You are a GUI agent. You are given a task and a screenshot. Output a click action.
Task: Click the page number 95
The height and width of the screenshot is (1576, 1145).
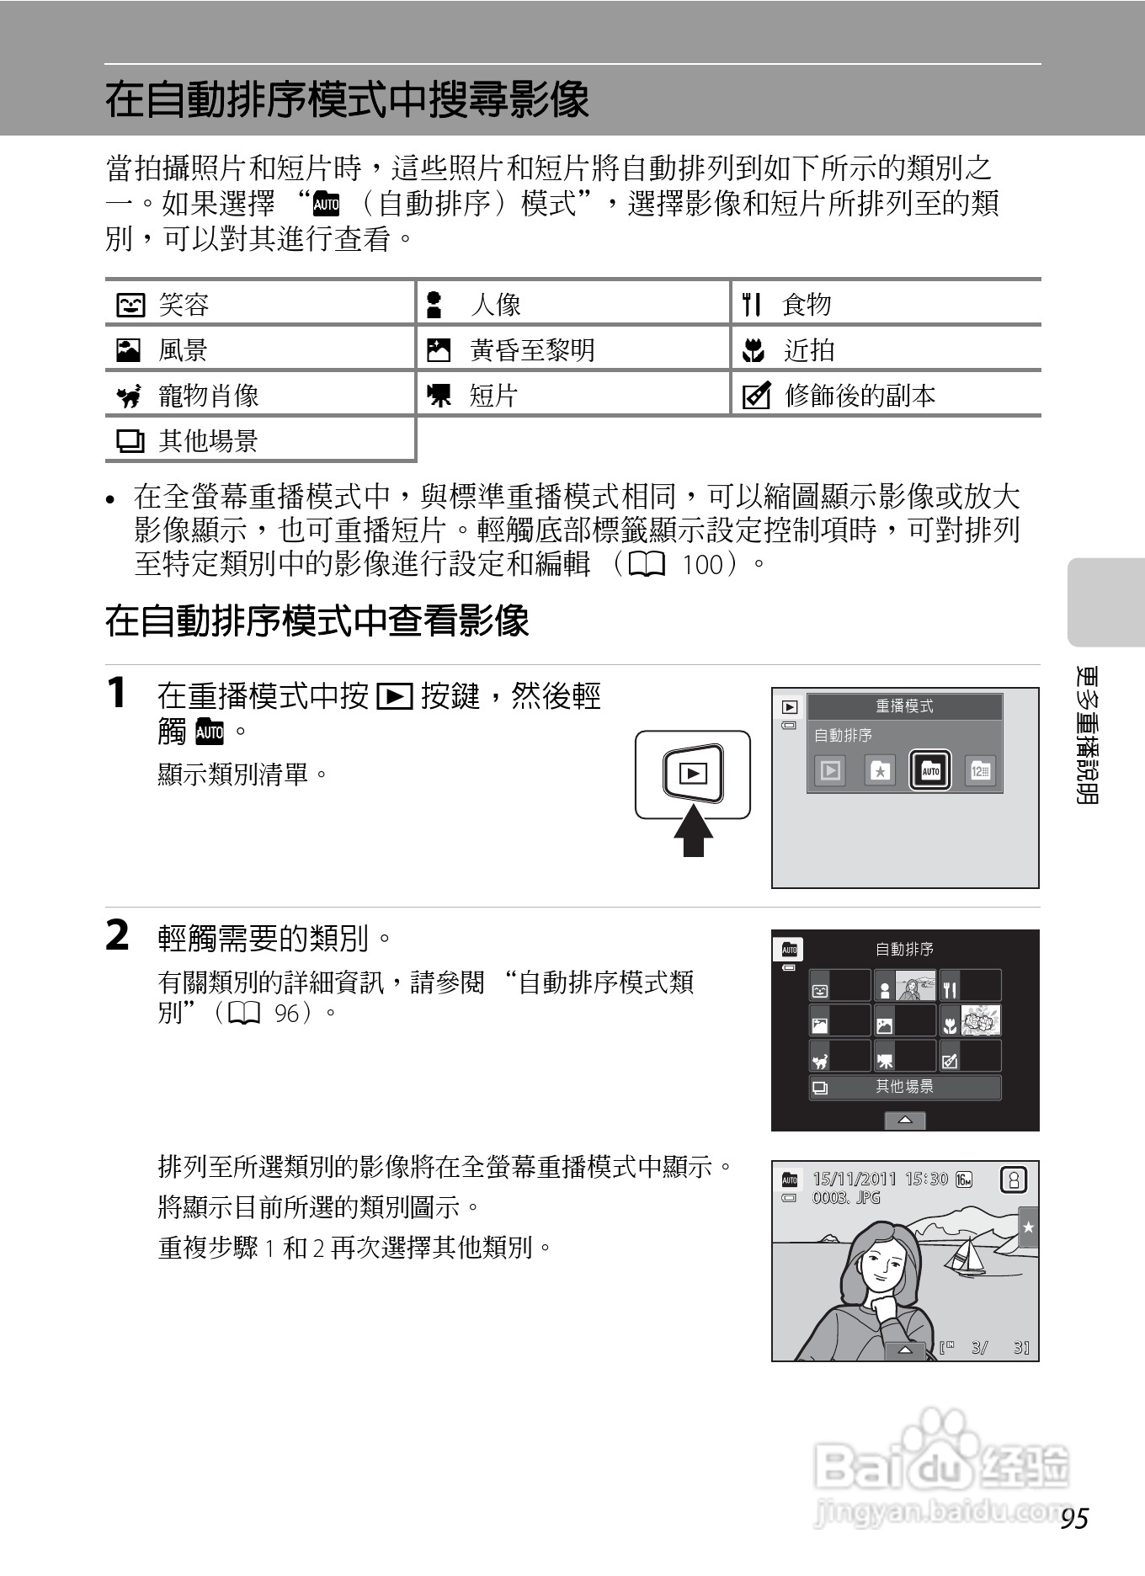pos(1075,1518)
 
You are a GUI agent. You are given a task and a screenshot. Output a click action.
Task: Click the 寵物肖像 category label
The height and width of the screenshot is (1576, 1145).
pos(208,395)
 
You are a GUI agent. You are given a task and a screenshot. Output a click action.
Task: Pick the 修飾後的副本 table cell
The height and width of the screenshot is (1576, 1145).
pos(859,395)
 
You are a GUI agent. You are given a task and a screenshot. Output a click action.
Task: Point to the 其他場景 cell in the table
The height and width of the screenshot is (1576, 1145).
pos(208,440)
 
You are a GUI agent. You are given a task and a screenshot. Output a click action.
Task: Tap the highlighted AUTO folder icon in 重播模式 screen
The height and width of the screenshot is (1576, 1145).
pos(930,770)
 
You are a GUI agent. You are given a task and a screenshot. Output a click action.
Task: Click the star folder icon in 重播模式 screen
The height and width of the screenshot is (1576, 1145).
pos(880,770)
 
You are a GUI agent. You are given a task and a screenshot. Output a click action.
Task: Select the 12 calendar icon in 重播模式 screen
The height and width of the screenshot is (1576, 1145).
pos(980,770)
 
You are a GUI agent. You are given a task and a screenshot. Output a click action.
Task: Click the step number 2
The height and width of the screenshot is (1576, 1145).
pos(118,935)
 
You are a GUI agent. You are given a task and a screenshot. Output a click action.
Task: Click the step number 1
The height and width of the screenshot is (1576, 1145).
pos(118,694)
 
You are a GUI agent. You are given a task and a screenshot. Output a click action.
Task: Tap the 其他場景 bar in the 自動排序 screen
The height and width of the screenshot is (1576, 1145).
pos(905,1087)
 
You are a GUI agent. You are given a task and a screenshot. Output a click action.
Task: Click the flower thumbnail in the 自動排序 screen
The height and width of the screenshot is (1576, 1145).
pos(980,1020)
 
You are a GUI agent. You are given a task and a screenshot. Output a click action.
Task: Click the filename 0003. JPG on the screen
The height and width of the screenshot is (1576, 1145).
pos(845,1198)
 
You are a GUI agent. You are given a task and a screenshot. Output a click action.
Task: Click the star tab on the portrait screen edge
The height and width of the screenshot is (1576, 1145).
pos(1028,1227)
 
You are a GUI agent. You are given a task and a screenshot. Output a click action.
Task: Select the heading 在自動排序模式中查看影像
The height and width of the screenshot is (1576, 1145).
pos(317,621)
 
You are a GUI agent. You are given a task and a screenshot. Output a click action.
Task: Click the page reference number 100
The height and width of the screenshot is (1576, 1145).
pos(702,564)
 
